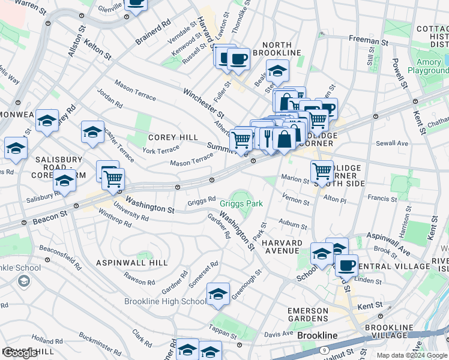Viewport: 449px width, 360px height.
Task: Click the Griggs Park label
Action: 241,204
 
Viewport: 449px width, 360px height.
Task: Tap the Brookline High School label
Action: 165,301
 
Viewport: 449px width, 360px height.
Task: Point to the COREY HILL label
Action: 173,137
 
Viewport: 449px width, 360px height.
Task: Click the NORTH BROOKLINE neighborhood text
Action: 277,49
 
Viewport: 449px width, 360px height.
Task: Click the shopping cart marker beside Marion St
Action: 322,171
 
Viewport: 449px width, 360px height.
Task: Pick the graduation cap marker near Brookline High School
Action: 218,293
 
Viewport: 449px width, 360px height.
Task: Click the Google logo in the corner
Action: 20,353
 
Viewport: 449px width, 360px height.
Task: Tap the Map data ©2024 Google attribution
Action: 412,355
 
